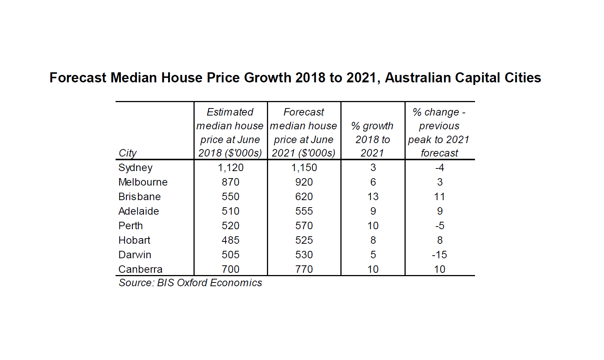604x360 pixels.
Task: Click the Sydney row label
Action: (x=135, y=168)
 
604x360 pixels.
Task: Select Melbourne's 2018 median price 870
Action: (x=230, y=182)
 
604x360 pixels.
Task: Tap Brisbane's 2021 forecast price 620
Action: (x=304, y=197)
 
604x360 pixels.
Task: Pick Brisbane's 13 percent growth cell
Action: (x=373, y=197)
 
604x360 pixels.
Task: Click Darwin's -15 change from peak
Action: (x=439, y=255)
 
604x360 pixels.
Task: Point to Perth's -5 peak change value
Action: (x=439, y=226)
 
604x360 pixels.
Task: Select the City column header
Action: (x=128, y=153)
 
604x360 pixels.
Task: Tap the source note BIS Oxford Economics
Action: (x=190, y=283)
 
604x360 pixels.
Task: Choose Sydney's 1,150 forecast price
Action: (x=304, y=168)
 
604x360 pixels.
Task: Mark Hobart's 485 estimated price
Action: (x=230, y=240)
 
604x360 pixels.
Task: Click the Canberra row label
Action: (x=140, y=269)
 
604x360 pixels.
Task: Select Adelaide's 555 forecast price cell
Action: (x=304, y=211)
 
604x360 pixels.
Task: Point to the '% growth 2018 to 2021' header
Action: (x=372, y=139)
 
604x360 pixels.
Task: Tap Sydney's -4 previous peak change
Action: (x=439, y=168)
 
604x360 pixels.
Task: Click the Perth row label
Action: (x=130, y=226)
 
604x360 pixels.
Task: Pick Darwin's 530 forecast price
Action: (x=304, y=255)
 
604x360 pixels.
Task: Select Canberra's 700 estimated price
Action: (x=230, y=269)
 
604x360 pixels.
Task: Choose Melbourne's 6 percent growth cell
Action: (x=373, y=182)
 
